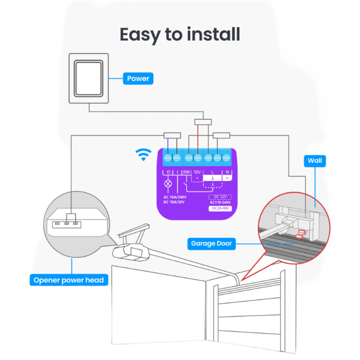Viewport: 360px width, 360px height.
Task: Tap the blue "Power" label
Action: (138, 78)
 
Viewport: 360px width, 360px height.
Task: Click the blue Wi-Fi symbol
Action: (143, 155)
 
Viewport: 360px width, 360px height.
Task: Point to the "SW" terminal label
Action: (186, 172)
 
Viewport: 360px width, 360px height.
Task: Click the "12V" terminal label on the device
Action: (197, 172)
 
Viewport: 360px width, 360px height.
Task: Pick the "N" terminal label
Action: (227, 172)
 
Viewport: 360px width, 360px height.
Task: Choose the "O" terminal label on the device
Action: (168, 172)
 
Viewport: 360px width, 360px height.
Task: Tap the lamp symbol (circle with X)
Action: (168, 183)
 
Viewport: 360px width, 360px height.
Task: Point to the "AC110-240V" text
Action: (220, 202)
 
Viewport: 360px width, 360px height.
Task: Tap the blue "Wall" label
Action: (315, 161)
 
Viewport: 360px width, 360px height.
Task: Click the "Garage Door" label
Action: (211, 243)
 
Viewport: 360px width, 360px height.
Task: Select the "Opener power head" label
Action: (69, 280)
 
